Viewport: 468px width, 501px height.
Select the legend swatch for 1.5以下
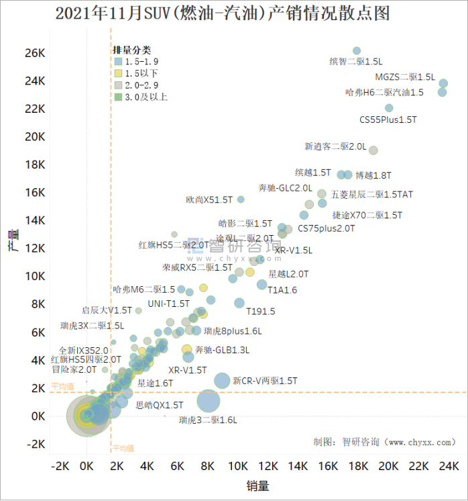(118, 73)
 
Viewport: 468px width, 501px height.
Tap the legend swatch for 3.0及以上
(118, 97)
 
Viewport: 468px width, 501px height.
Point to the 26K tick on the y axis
(35, 53)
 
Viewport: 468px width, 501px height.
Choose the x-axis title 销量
(257, 485)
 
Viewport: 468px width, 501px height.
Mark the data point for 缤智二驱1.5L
(357, 51)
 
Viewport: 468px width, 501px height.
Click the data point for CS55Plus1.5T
(389, 108)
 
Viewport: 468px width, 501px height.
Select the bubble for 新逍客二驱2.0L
(373, 150)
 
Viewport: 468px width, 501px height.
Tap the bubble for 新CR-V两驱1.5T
(222, 381)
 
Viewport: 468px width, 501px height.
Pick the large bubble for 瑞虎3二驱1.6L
(209, 402)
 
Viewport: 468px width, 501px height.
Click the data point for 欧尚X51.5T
(241, 199)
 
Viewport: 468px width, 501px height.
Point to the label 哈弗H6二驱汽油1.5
(384, 93)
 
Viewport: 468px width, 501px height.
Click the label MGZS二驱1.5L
(405, 77)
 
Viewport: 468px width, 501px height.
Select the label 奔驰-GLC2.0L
(285, 188)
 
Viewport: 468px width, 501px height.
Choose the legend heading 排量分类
(132, 50)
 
